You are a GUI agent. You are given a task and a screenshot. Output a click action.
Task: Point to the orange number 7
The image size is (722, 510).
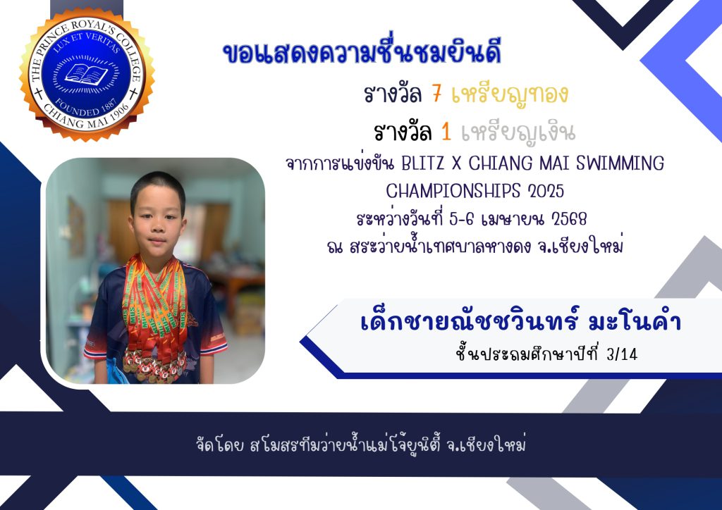[437, 94]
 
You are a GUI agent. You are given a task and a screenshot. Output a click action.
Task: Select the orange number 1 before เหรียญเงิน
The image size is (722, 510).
[446, 132]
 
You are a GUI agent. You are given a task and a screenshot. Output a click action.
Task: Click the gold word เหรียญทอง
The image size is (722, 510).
[510, 94]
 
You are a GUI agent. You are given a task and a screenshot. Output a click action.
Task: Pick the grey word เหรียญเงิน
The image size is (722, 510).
[518, 133]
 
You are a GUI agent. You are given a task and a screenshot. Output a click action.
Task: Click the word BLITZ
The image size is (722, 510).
[423, 163]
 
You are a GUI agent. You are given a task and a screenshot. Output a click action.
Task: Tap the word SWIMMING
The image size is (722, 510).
[620, 163]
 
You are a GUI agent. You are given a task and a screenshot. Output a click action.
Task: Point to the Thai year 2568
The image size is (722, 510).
[569, 219]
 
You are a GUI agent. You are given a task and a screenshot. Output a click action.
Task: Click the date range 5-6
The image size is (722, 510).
[461, 219]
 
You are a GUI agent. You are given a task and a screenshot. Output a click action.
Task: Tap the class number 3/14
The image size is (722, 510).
[622, 354]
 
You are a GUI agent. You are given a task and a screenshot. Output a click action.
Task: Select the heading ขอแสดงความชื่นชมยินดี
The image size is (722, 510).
[362, 51]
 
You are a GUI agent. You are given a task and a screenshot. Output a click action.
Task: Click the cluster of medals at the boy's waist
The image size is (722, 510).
[154, 366]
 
